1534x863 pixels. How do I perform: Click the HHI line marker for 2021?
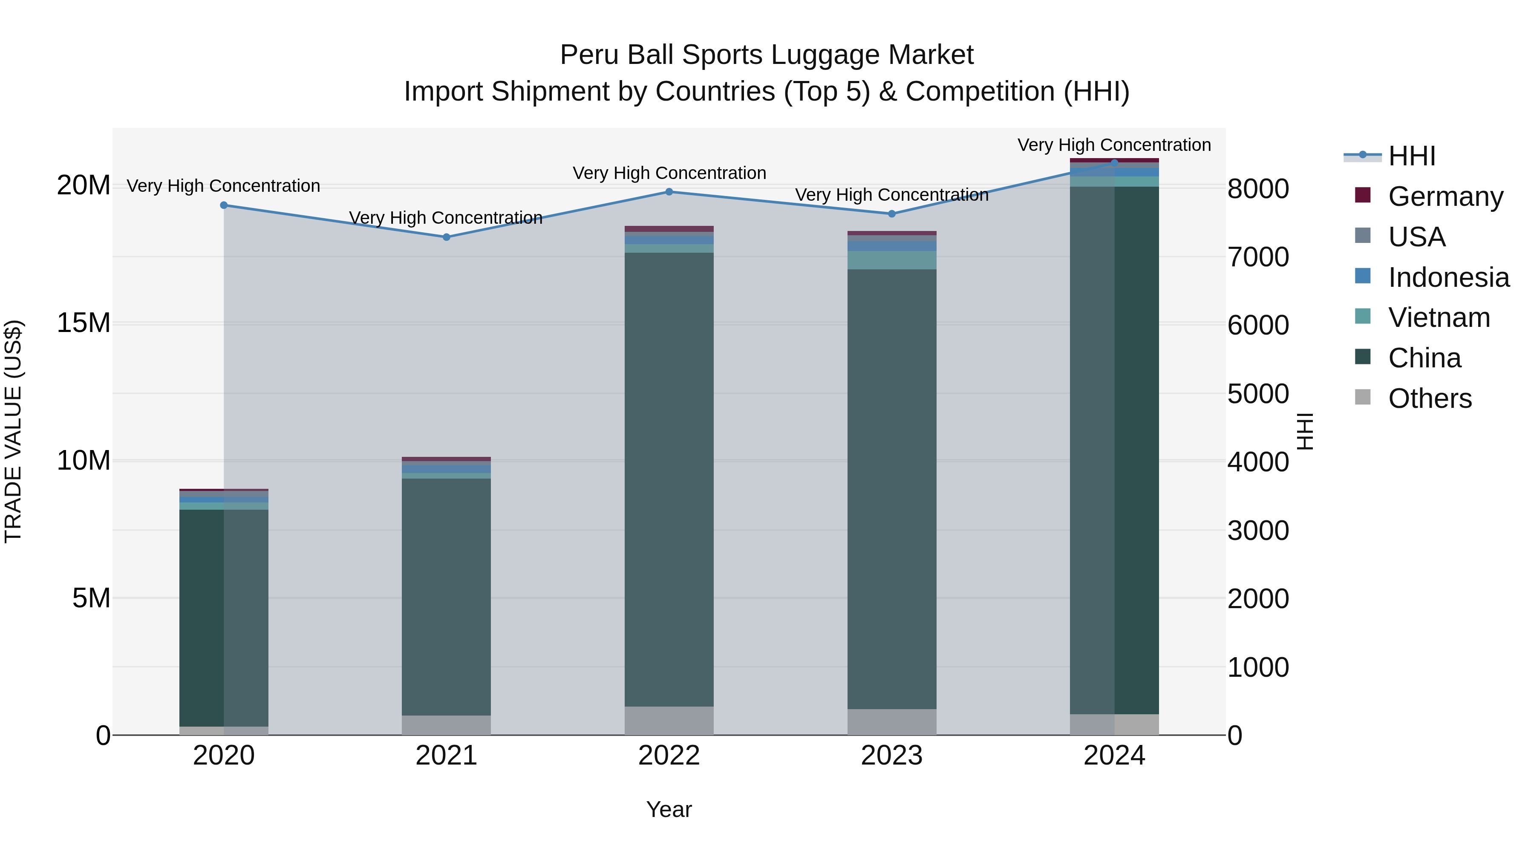(446, 237)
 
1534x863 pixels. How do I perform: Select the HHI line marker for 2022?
(669, 192)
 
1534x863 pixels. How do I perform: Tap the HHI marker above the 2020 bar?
(224, 205)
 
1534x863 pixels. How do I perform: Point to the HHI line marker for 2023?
(891, 214)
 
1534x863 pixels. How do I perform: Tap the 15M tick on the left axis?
(84, 323)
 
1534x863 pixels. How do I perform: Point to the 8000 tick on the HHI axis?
(1258, 189)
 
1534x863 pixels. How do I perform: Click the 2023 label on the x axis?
(891, 756)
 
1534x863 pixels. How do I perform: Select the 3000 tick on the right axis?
(1258, 531)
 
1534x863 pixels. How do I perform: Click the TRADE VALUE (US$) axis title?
(13, 431)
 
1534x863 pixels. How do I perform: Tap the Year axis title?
(669, 809)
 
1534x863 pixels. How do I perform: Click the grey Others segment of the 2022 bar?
(669, 721)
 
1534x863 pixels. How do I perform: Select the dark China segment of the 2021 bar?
(446, 596)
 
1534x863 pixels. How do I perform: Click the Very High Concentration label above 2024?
(1113, 145)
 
